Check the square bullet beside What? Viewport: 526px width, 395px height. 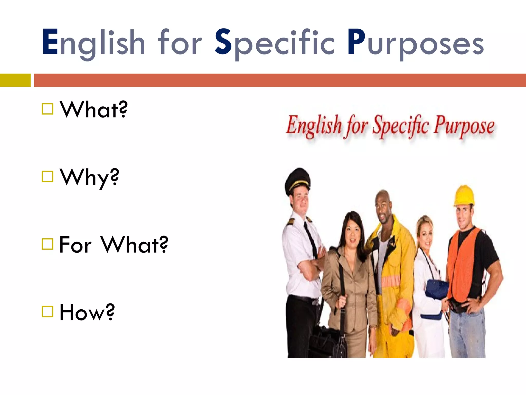48,109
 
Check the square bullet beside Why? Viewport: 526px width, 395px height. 48,177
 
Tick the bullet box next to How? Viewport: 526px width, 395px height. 48,312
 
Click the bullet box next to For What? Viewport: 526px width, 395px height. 48,244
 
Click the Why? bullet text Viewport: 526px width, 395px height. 89,177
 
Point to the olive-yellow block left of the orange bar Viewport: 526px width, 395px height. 15,80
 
